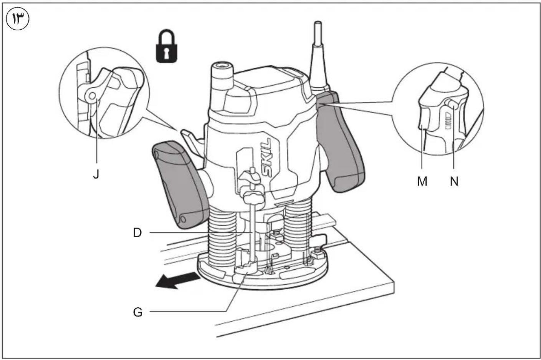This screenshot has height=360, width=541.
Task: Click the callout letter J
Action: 96,174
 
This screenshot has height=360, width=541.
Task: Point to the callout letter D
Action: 137,233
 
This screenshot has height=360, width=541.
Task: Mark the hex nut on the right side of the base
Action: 317,254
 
